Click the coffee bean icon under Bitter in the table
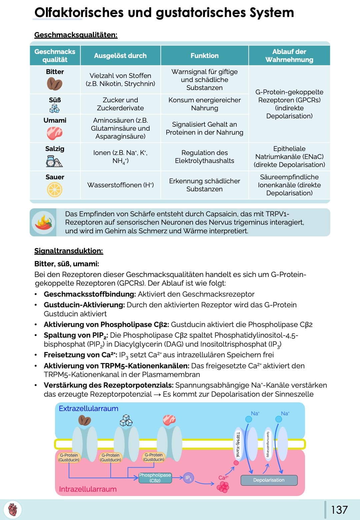pos(55,84)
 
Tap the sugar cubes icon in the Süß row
pos(55,108)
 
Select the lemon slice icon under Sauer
pos(55,190)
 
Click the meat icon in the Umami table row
pos(55,133)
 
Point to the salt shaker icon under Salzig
pos(55,161)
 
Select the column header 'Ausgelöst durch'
pos(120,56)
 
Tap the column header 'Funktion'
pos(204,56)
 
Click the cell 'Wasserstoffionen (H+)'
pos(120,185)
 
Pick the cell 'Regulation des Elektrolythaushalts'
pos(204,157)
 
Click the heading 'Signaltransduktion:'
pos(69,251)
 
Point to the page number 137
pos(339,510)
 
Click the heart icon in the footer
pos(13,510)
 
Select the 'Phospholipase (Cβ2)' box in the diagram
pos(155,478)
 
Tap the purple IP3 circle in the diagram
pos(188,478)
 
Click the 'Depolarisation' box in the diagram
pos(269,480)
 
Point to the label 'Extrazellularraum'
pos(88,409)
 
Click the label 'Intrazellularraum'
pos(88,489)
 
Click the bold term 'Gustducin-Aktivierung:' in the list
pos(84,305)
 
